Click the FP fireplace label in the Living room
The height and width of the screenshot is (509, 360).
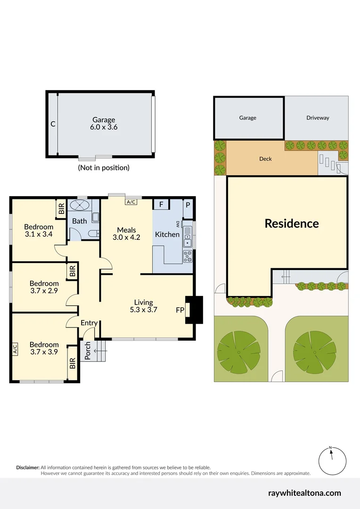click(x=180, y=310)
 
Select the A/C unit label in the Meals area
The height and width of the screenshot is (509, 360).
click(x=131, y=202)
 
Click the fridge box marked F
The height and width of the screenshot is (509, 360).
click(x=161, y=205)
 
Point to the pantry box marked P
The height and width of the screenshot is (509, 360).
click(x=188, y=205)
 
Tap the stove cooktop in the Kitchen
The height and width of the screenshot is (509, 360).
click(x=188, y=256)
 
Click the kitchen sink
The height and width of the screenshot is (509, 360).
click(x=188, y=238)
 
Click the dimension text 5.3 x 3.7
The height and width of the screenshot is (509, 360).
click(x=143, y=310)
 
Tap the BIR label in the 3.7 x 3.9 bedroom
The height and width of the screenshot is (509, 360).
click(x=73, y=363)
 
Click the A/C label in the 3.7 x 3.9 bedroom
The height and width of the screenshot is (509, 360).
click(x=15, y=349)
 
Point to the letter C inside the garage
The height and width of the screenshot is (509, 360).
click(x=53, y=124)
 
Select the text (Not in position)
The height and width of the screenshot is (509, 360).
click(x=103, y=167)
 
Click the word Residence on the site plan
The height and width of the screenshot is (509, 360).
click(x=291, y=223)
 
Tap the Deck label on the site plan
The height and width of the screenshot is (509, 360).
click(x=266, y=159)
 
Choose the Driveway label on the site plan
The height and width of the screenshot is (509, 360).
click(x=318, y=118)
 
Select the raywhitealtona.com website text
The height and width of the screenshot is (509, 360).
click(x=304, y=493)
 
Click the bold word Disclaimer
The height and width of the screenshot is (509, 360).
click(x=28, y=467)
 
